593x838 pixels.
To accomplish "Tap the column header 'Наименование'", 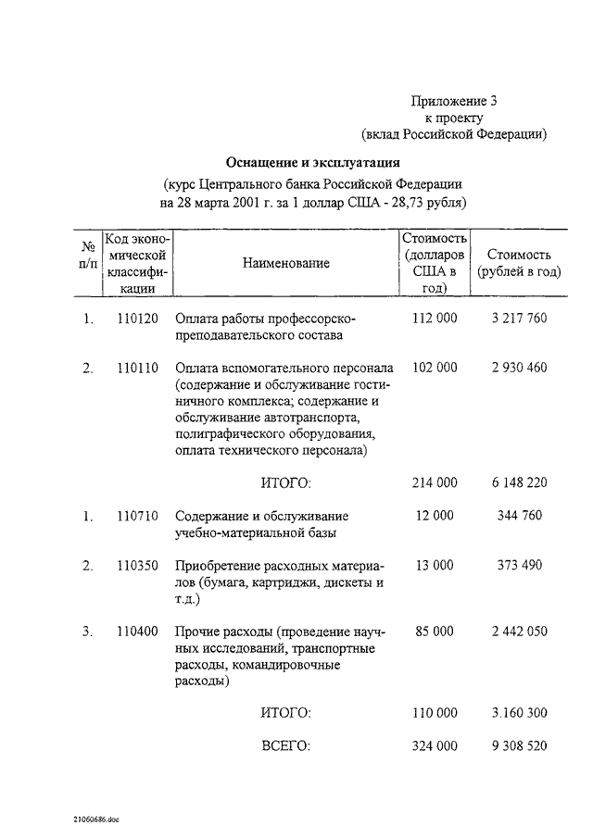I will pyautogui.click(x=286, y=264).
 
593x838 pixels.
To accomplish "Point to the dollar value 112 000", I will pyautogui.click(x=434, y=319).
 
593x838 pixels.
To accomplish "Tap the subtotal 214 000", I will pyautogui.click(x=434, y=482).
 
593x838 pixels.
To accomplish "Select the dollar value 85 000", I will pyautogui.click(x=434, y=632).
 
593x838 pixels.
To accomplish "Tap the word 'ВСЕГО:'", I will pyautogui.click(x=286, y=746).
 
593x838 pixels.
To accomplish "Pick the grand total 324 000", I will pyautogui.click(x=434, y=746).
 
